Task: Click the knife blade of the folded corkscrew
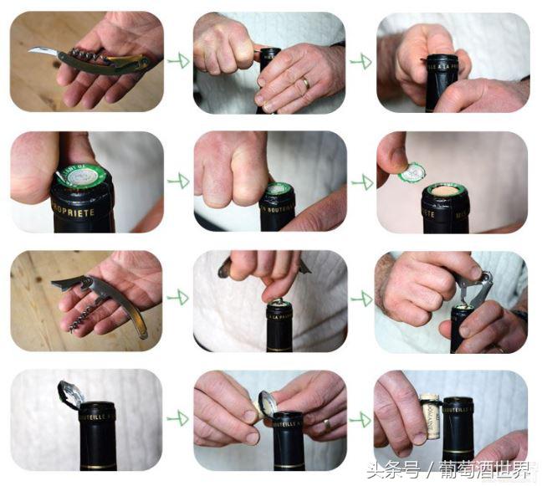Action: [43, 52]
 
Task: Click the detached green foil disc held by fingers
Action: [412, 173]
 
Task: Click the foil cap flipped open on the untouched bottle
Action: [70, 392]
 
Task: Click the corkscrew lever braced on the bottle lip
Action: [473, 289]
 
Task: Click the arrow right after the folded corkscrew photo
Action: [177, 60]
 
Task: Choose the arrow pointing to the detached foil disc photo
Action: [360, 181]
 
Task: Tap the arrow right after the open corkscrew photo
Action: [177, 298]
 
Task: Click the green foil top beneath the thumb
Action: [84, 176]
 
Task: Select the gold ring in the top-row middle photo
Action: [305, 83]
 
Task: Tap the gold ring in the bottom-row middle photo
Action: [326, 424]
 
